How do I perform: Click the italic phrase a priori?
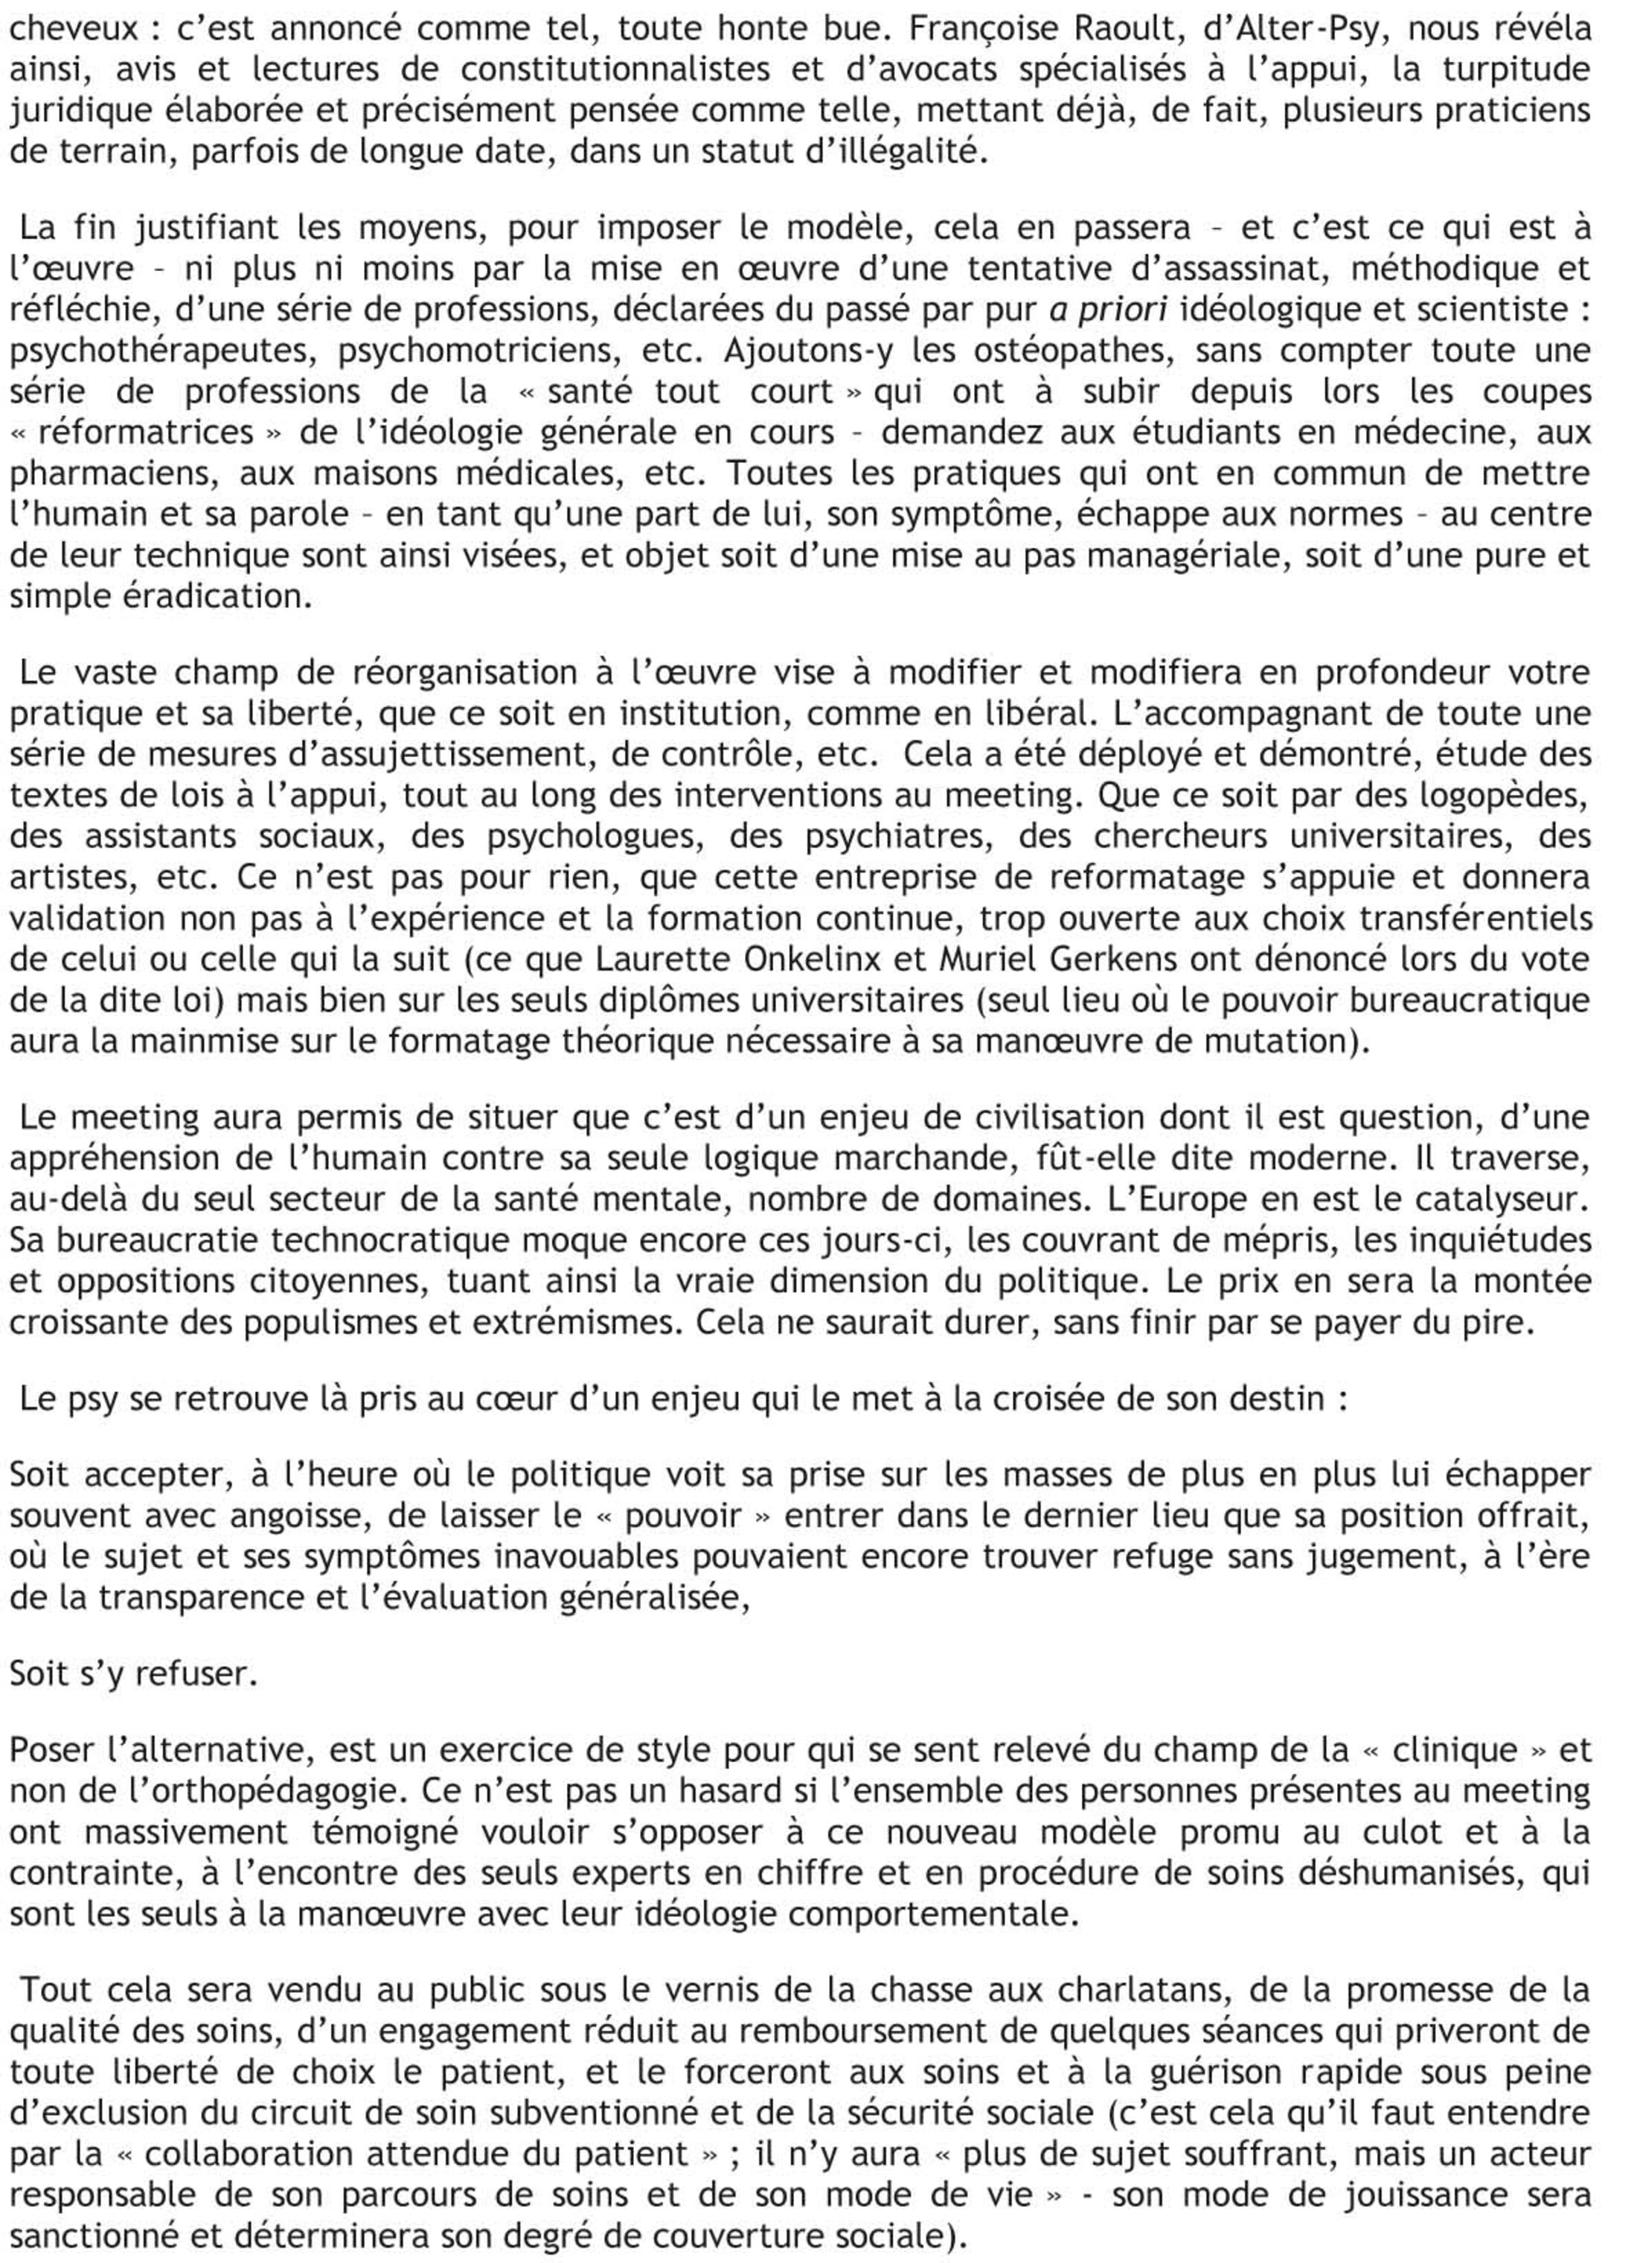(1107, 310)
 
